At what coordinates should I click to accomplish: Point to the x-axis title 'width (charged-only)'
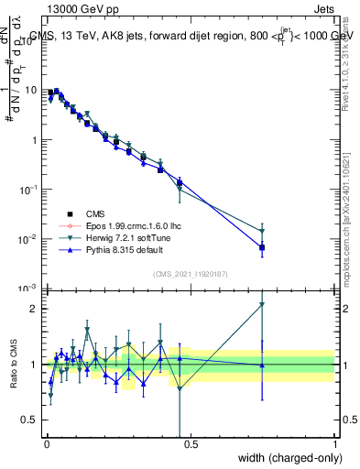(286, 458)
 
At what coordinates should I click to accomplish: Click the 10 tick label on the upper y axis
(30, 91)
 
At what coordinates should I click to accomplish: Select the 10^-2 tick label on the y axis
(28, 239)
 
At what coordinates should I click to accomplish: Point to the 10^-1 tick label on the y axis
(28, 190)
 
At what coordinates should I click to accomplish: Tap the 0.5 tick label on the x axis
(191, 445)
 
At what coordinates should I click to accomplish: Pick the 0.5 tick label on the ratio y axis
(30, 420)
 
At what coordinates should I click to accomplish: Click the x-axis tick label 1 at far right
(335, 445)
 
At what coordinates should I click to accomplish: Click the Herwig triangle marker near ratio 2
(262, 304)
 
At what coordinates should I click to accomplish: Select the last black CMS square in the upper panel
(262, 247)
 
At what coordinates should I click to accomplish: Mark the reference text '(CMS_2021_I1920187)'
(190, 273)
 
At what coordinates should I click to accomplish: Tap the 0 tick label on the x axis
(46, 445)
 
